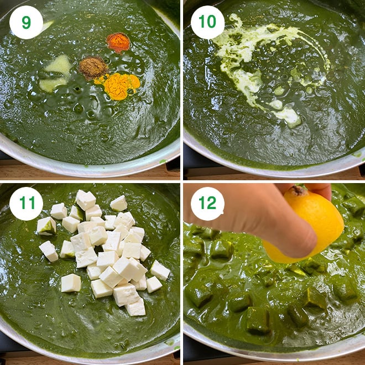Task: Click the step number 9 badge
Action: (26, 22)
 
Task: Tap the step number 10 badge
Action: (207, 22)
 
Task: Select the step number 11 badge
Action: (26, 204)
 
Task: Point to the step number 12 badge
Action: (207, 204)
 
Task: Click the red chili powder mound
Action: (118, 43)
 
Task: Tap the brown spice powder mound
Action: (93, 67)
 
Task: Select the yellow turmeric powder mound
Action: (120, 86)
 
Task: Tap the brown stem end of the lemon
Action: (299, 190)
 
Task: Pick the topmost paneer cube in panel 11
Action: (86, 200)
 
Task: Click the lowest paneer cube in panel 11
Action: (135, 307)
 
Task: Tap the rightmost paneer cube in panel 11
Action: (160, 270)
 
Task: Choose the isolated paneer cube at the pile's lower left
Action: (71, 283)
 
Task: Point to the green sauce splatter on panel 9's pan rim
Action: (163, 161)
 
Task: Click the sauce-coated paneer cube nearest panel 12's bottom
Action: (258, 320)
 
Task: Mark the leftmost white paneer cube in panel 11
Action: (46, 226)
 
